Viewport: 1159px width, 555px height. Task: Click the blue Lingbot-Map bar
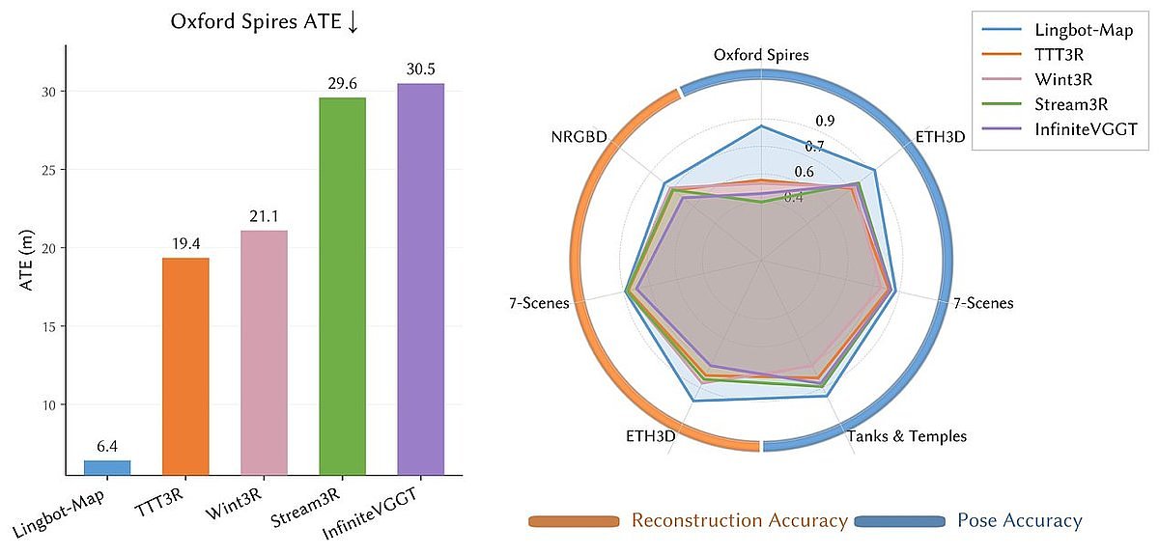click(x=107, y=467)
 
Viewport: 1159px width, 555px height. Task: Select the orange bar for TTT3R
click(x=185, y=367)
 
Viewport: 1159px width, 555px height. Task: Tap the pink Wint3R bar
click(x=264, y=353)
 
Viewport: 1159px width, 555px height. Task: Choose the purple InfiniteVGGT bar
click(x=420, y=280)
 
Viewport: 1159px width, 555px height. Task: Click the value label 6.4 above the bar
click(x=107, y=447)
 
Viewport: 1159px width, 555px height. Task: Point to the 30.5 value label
click(x=420, y=70)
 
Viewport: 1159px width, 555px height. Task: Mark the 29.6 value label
click(x=342, y=84)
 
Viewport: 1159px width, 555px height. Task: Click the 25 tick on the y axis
click(x=44, y=170)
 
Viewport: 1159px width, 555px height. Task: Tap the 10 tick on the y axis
click(x=44, y=405)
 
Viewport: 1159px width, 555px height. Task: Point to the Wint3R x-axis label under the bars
click(x=236, y=502)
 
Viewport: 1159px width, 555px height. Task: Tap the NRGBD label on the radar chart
click(x=579, y=137)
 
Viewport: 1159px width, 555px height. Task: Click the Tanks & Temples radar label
click(x=906, y=436)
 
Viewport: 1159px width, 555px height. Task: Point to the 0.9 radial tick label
click(x=825, y=121)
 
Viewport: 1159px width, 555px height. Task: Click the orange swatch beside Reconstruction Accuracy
click(x=573, y=521)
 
